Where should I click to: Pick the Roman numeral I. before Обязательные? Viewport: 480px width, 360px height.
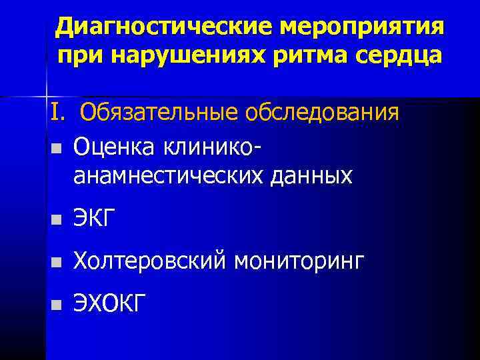57,112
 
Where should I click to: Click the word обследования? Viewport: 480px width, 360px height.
323,112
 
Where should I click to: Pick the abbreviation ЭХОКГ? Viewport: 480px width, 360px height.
110,304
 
